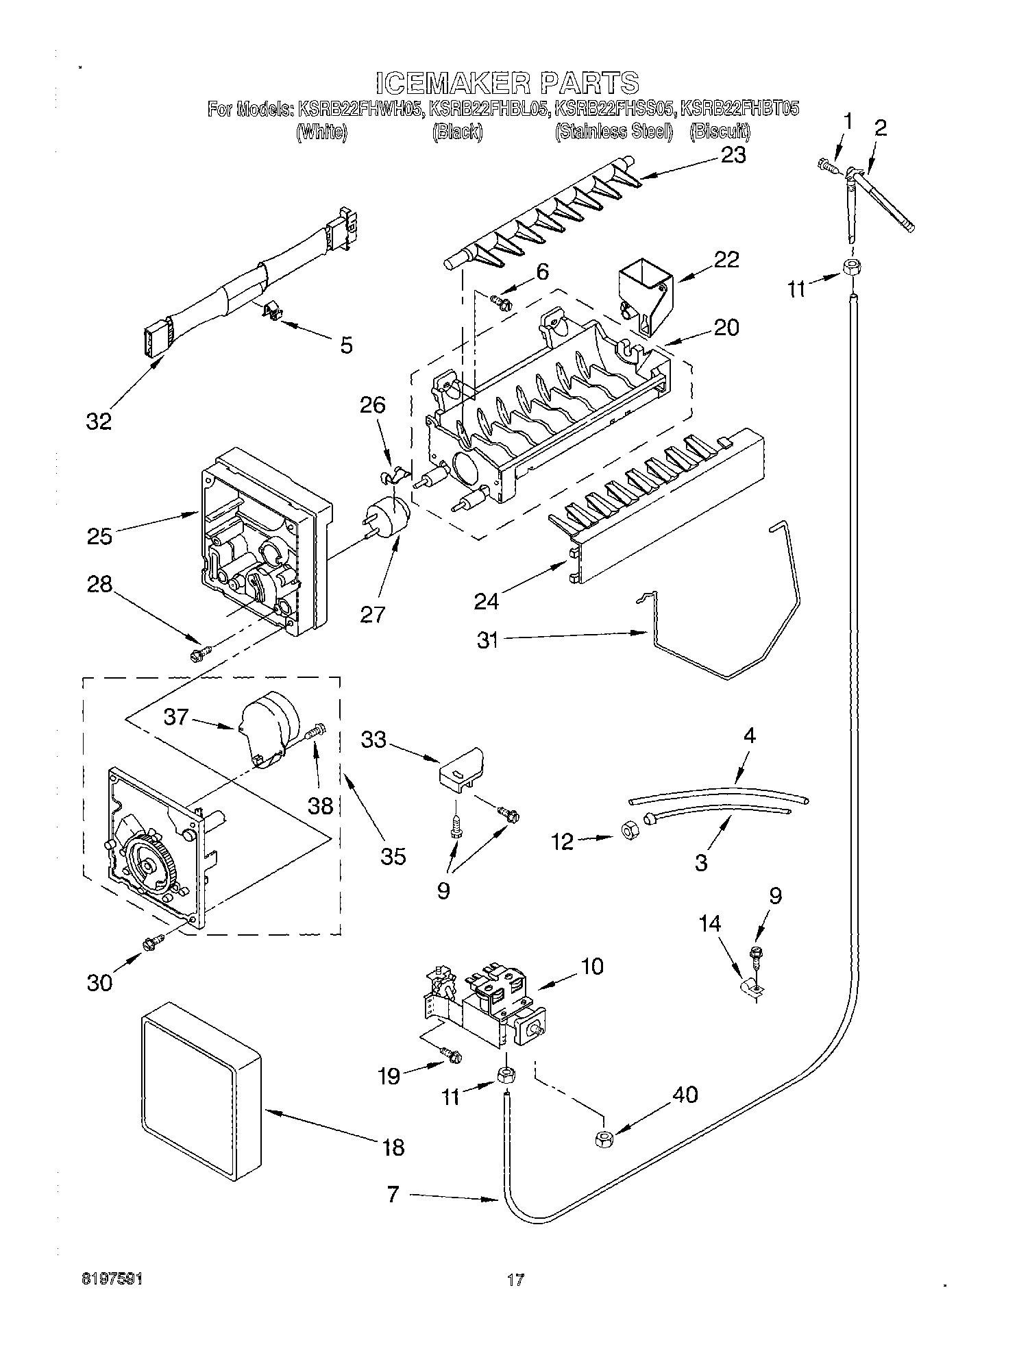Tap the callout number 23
tap(733, 156)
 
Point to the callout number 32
tap(99, 421)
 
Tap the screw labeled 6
tap(501, 301)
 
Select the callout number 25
tap(99, 535)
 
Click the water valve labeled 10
tap(487, 1004)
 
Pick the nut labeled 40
tap(604, 1139)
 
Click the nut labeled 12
tap(626, 832)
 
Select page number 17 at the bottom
tap(515, 1278)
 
